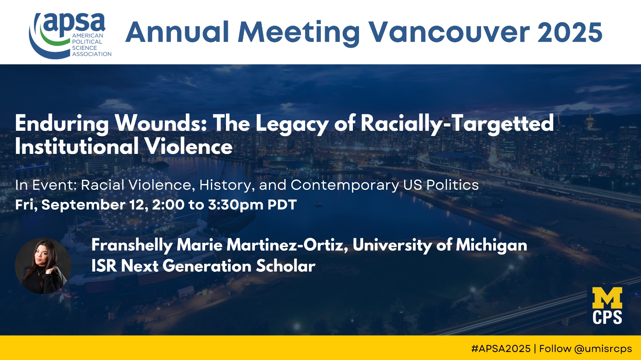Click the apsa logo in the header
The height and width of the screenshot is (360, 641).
click(70, 35)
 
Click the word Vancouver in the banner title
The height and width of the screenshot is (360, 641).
click(449, 32)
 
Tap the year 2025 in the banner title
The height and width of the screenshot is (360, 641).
click(570, 32)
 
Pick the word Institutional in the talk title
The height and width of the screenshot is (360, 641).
click(77, 147)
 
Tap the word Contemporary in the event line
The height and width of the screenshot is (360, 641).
click(345, 185)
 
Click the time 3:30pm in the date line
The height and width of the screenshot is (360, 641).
click(236, 205)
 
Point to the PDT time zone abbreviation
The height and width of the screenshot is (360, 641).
click(282, 205)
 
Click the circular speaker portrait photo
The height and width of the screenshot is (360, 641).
click(43, 266)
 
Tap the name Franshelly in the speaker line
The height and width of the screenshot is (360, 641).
click(132, 245)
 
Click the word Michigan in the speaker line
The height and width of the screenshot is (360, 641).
click(491, 246)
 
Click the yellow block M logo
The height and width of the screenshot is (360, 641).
click(607, 298)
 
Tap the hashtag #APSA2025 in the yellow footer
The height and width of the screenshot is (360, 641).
click(501, 348)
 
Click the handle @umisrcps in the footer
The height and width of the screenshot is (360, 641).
click(603, 349)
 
